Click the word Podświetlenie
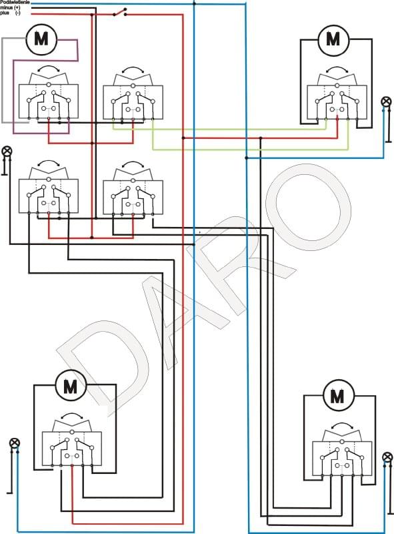click(15, 2)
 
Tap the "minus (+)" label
click(10, 7)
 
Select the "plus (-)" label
click(10, 13)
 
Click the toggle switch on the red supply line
click(120, 12)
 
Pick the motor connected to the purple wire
click(41, 39)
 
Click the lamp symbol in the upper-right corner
click(386, 101)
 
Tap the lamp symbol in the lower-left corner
click(15, 443)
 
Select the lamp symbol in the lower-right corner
click(387, 457)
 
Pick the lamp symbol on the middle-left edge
click(7, 151)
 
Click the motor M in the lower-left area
click(71, 386)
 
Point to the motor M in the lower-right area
click(338, 395)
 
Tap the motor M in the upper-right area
click(333, 39)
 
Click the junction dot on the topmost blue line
click(194, 4)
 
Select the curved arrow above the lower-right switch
click(342, 425)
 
